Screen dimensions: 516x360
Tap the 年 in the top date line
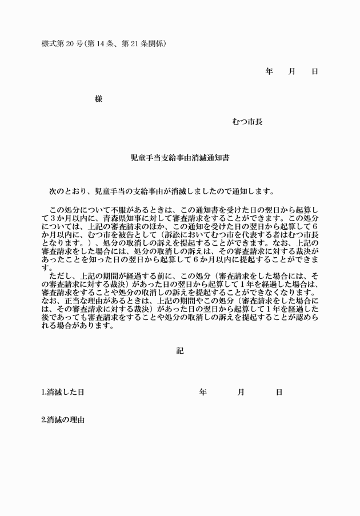269,71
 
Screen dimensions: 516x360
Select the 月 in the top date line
291,71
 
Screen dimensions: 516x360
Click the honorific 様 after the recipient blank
98,99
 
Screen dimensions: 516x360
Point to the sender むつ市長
247,121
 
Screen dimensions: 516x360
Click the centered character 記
180,351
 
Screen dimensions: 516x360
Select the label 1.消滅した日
63,393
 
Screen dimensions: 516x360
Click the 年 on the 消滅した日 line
203,393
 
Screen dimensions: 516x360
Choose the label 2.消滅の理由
63,420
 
